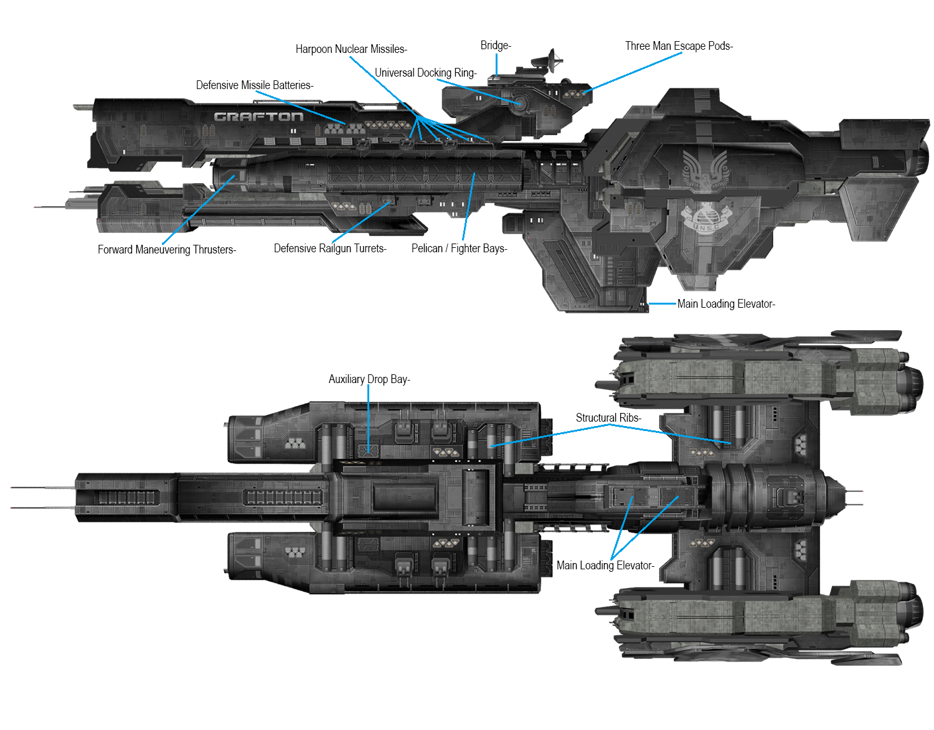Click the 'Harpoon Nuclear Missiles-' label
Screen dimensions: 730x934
point(351,49)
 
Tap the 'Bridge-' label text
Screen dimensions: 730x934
point(496,45)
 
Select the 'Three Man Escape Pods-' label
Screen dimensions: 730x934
point(679,46)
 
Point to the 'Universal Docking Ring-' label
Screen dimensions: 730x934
point(425,73)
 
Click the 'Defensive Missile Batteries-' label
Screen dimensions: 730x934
point(255,85)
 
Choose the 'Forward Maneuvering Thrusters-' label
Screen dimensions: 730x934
point(167,250)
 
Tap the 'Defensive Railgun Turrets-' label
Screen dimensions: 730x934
point(330,249)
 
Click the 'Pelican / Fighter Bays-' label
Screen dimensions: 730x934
point(460,249)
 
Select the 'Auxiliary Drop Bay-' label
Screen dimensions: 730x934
point(369,379)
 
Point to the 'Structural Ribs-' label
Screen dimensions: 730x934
point(608,418)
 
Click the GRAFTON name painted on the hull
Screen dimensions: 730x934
point(258,116)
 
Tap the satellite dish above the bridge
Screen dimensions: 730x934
point(552,60)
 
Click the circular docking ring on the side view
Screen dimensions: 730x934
point(519,103)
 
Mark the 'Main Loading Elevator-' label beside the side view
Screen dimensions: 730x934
point(726,304)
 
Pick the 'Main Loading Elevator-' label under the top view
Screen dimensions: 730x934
point(605,566)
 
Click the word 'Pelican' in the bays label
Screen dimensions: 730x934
point(427,249)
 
